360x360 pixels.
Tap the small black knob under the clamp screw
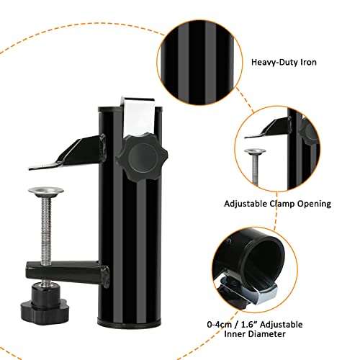45,303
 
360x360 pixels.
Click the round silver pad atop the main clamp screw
46,192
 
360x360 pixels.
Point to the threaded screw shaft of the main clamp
46,230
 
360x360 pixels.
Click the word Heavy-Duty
275,63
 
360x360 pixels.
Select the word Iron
309,62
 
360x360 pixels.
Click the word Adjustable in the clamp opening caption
246,204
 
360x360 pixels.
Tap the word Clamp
282,204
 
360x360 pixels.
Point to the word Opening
315,204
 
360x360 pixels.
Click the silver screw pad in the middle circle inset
255,152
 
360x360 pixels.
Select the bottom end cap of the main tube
130,322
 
